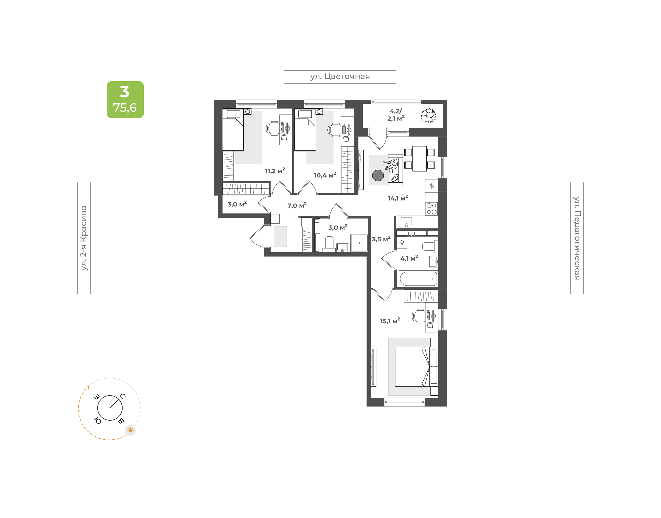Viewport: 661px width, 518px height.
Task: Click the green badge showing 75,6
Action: point(125,99)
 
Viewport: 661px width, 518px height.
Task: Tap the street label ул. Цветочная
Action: point(340,76)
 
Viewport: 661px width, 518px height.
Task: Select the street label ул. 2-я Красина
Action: point(84,238)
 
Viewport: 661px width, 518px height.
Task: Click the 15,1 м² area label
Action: point(390,321)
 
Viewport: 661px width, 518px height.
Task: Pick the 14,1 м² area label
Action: point(398,198)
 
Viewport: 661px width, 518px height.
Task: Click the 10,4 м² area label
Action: point(325,175)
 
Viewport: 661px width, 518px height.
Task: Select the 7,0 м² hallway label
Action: point(297,205)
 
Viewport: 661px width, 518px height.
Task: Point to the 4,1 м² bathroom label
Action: point(409,258)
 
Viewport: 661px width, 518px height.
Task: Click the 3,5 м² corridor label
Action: point(381,239)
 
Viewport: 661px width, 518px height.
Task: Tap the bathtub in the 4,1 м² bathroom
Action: point(418,279)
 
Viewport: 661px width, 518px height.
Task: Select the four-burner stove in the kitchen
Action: point(431,209)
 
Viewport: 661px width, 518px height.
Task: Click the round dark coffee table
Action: point(378,175)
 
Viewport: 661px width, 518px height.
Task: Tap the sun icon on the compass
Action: point(130,430)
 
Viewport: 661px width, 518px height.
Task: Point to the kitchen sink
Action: point(406,222)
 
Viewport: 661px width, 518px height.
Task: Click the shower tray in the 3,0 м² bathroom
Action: point(359,243)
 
